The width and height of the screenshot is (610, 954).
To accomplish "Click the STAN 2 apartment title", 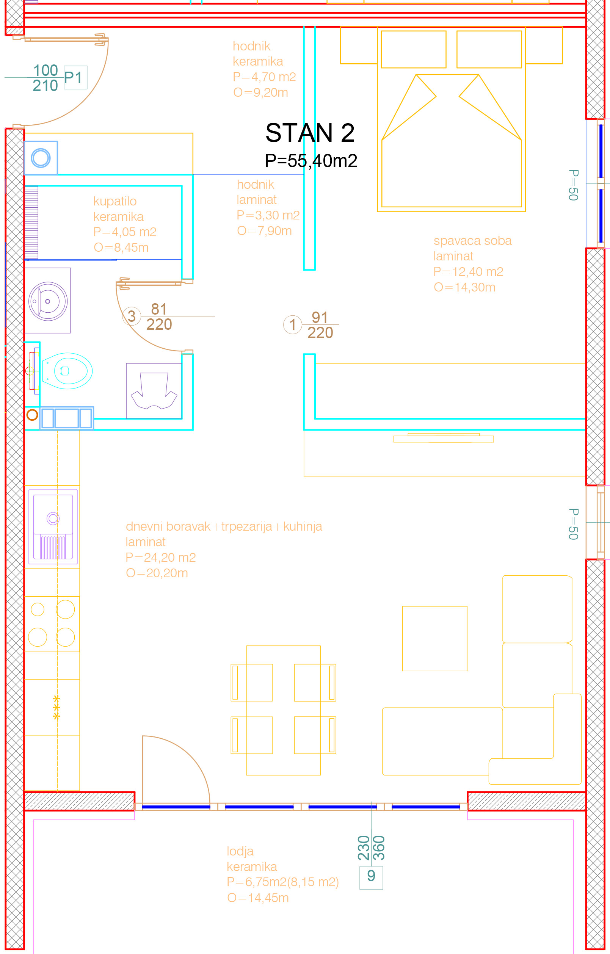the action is pos(310,133).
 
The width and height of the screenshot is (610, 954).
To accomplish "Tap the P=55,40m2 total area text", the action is pos(311,161).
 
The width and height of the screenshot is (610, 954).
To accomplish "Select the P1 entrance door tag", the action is pos(75,78).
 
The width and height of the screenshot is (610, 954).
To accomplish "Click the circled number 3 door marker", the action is pos(132,316).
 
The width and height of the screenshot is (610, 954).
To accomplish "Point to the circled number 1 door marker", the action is pos(293,324).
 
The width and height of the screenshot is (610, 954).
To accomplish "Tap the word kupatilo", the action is pos(115,201).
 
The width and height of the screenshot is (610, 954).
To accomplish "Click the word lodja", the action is pos(240,851).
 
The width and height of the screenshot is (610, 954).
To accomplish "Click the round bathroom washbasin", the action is pos(49,301).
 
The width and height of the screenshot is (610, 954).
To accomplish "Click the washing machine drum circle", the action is pos(41,158).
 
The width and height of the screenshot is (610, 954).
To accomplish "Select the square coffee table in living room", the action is pos(434,638).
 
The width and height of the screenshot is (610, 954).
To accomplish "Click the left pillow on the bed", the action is pos(413,50).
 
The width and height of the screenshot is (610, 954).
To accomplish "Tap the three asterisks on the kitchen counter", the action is pos(56,707).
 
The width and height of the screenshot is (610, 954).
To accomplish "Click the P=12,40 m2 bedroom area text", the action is pos(468,272).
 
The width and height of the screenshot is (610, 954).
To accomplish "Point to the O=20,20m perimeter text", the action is pos(157,573).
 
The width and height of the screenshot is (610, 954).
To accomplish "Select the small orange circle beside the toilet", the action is pos(32,415).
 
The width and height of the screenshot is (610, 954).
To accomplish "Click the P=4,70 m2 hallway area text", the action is pos(264,77).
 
